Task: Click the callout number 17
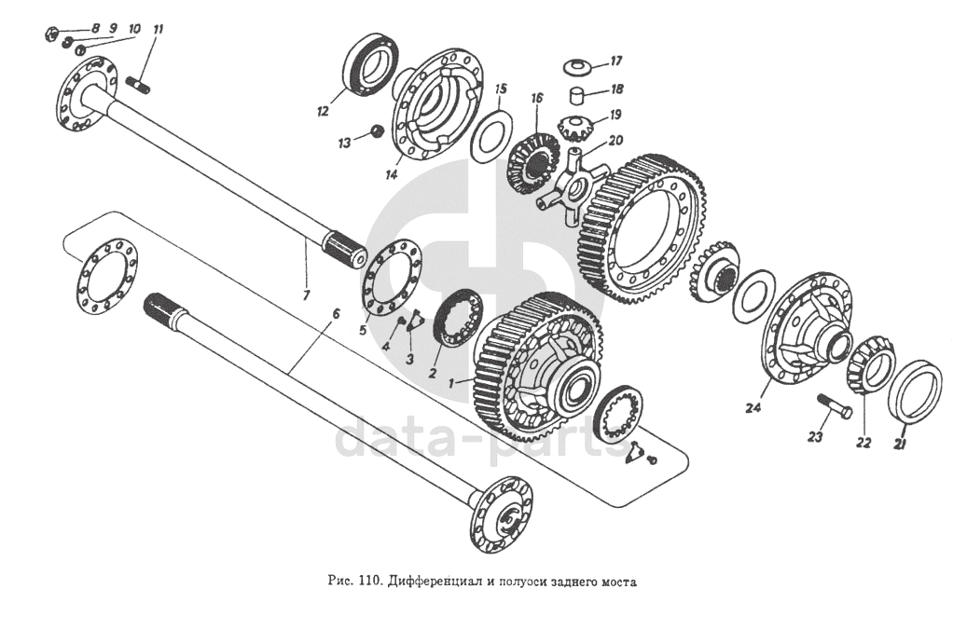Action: coord(616,61)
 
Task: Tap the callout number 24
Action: coord(753,407)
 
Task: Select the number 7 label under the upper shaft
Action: coord(307,294)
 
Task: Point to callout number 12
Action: coord(324,112)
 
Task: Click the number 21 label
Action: coord(901,442)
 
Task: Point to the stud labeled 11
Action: coord(138,86)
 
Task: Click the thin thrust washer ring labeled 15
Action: coord(491,136)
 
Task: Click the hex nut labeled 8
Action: coord(52,32)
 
